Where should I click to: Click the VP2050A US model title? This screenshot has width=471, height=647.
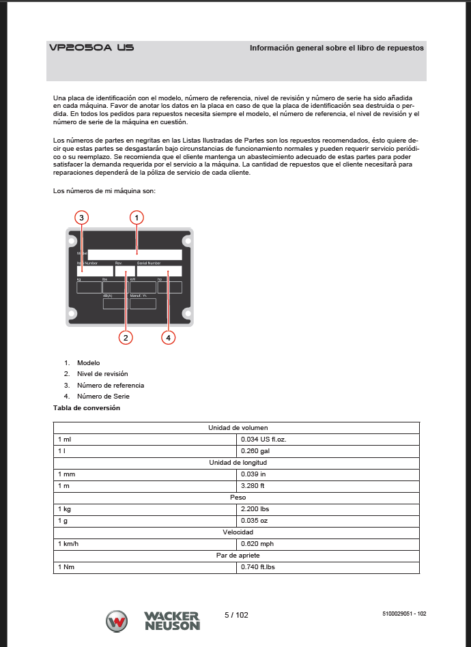[x=91, y=48]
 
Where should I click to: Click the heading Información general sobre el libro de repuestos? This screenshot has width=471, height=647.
[x=337, y=48]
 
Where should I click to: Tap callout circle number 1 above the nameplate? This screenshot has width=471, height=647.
[x=137, y=218]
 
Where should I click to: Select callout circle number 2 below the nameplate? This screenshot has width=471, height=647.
[x=125, y=336]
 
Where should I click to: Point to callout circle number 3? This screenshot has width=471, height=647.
[x=81, y=218]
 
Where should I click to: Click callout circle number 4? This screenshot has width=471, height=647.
[x=168, y=336]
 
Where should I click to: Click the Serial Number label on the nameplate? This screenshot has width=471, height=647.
[x=149, y=263]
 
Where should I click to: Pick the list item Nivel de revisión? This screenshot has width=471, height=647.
[x=102, y=374]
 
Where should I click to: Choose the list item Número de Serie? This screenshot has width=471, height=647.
[x=103, y=396]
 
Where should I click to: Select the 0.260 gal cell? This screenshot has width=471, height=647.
[x=255, y=451]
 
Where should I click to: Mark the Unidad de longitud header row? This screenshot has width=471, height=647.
[x=236, y=463]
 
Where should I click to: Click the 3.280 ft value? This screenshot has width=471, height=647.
[x=253, y=486]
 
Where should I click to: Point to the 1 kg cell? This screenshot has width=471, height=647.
[x=65, y=509]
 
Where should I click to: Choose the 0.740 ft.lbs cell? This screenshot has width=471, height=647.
[x=258, y=567]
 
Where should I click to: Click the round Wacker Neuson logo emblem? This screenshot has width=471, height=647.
[x=117, y=621]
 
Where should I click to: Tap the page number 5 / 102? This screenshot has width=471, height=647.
[x=236, y=615]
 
